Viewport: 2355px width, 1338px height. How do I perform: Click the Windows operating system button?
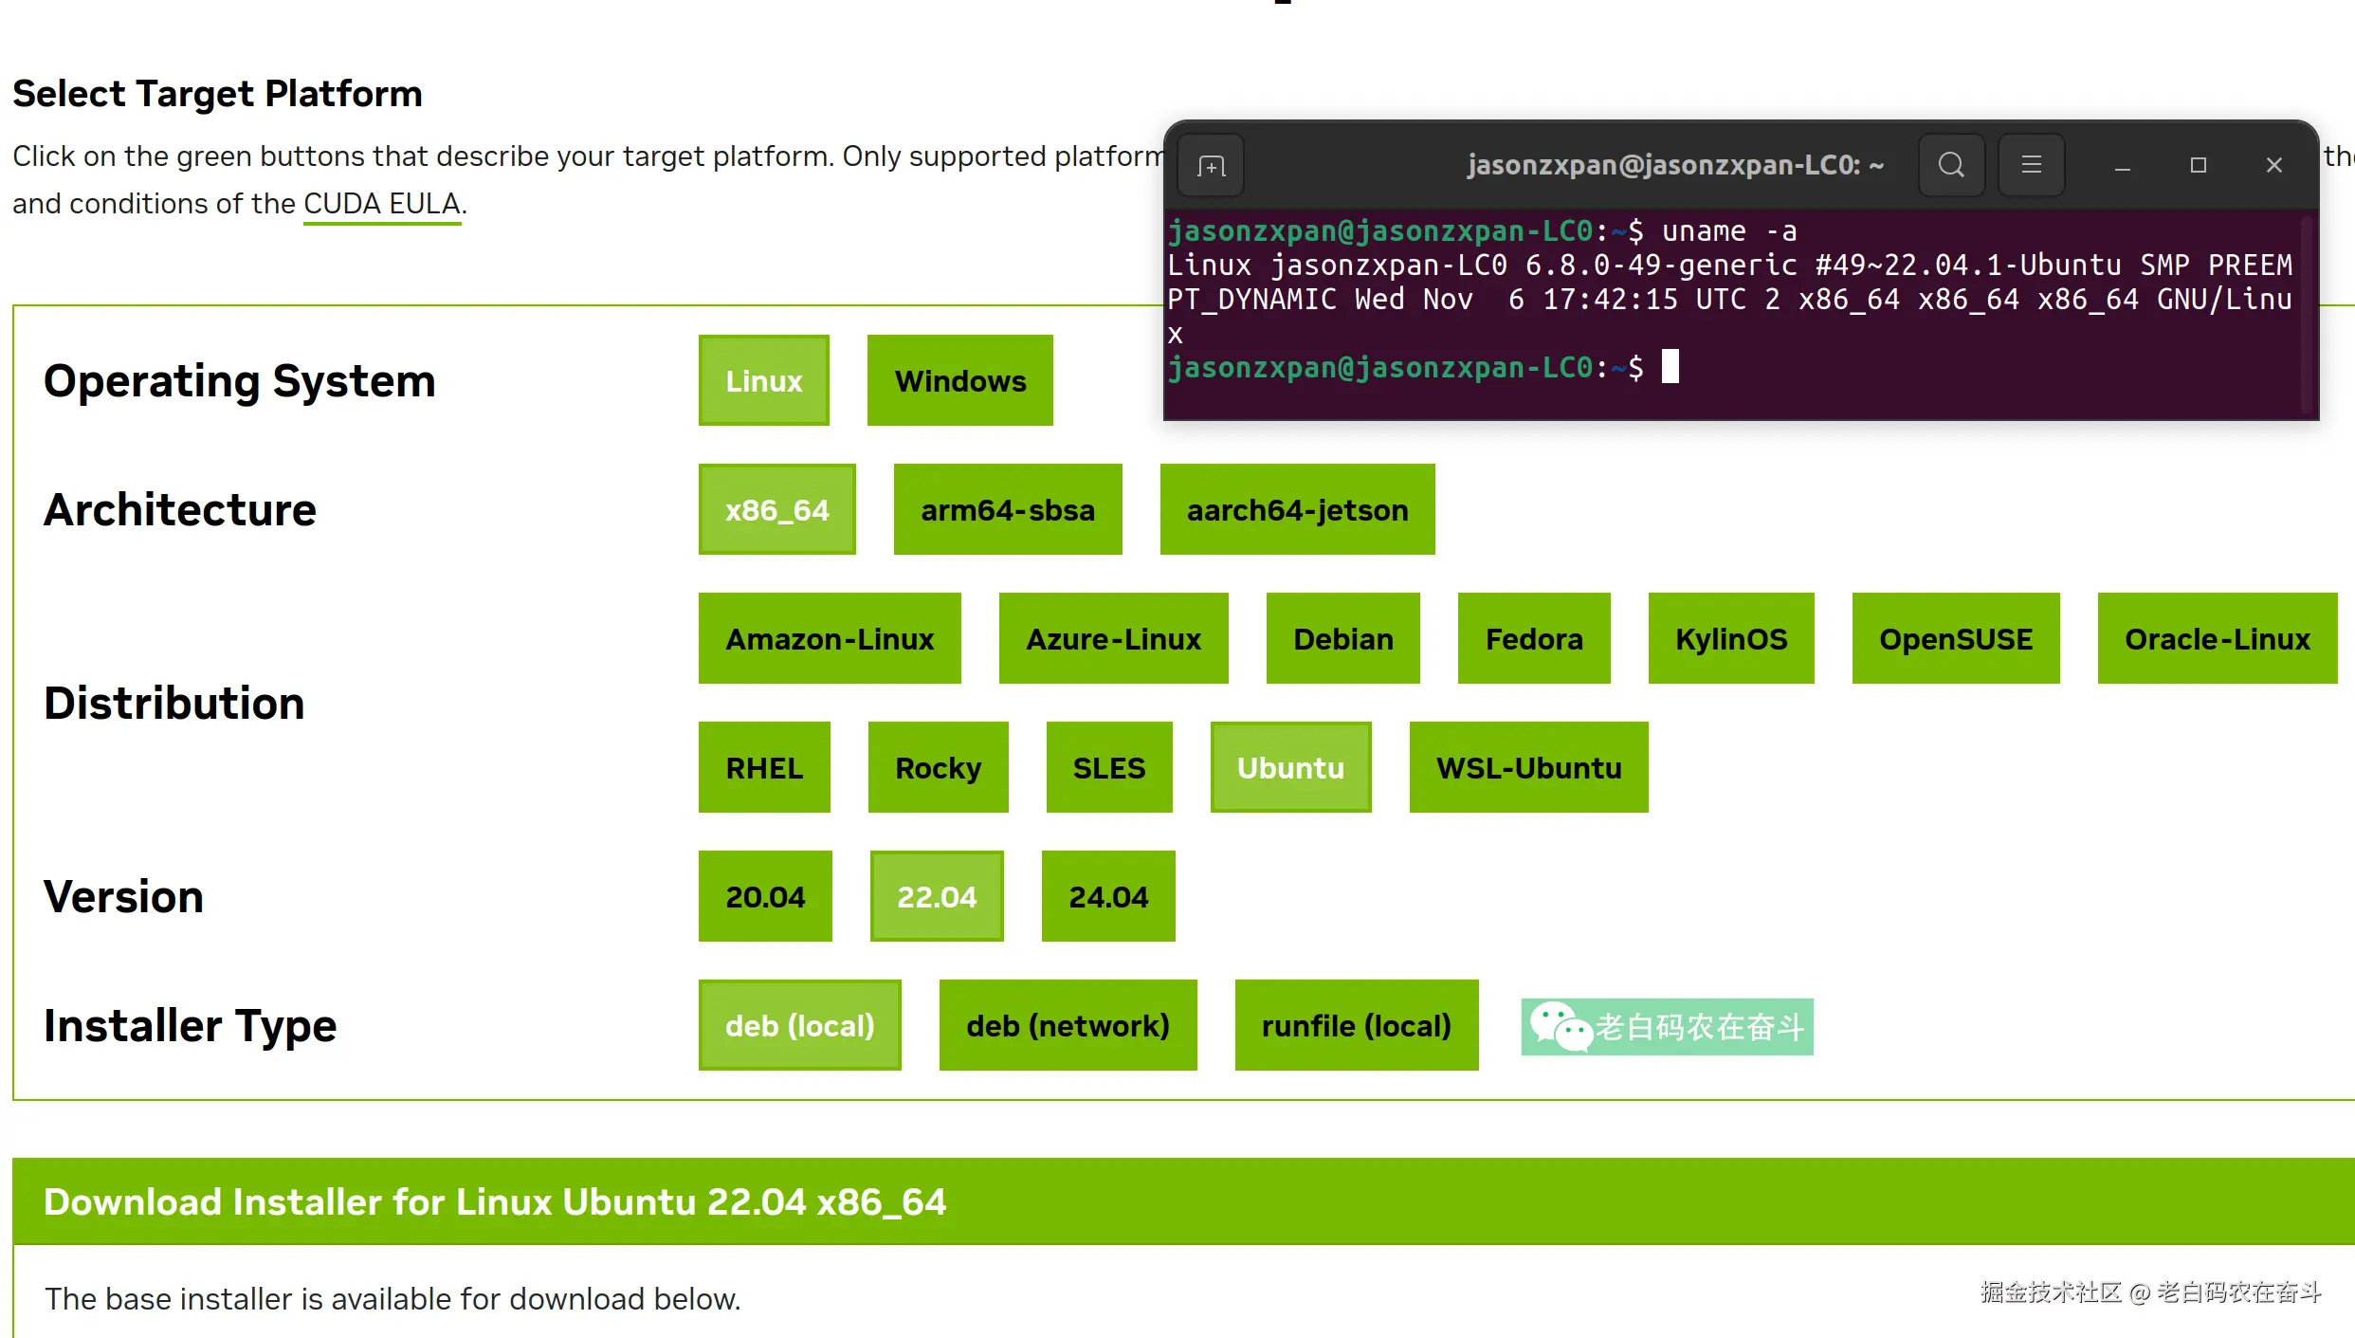[959, 380]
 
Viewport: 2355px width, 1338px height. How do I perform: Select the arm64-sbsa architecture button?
[1007, 509]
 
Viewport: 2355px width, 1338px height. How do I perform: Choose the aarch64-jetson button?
[1296, 509]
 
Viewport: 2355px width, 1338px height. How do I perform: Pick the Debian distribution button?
[1342, 638]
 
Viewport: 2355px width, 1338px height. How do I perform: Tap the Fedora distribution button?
[1533, 638]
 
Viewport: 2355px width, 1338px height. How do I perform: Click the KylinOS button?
[1730, 638]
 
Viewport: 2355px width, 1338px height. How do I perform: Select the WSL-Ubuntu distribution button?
[1527, 767]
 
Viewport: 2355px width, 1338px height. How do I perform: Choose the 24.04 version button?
[1107, 896]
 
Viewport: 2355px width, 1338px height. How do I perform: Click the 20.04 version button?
[764, 896]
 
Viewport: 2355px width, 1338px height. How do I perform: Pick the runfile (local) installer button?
[1356, 1025]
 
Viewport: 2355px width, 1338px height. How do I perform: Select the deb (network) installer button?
[1067, 1025]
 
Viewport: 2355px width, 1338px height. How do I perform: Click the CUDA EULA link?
[381, 204]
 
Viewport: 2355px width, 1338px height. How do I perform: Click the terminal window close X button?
[2273, 165]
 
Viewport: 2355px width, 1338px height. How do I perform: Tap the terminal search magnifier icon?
[1951, 165]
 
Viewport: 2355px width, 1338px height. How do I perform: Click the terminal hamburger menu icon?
[2031, 165]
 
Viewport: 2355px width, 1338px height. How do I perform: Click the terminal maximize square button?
[2198, 165]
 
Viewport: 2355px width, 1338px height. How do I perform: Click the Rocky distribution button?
[937, 767]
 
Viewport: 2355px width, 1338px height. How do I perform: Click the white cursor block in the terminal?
[1670, 366]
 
